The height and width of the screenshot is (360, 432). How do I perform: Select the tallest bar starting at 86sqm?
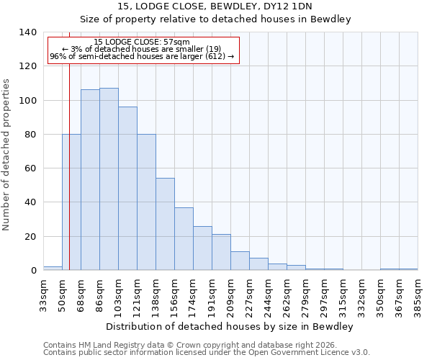[109, 179]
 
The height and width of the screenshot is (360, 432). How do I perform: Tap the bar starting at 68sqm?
[90, 180]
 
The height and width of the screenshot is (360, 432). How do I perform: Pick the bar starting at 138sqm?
[165, 224]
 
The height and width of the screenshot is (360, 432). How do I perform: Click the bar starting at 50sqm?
[71, 202]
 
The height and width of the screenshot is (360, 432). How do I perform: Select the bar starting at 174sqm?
[202, 248]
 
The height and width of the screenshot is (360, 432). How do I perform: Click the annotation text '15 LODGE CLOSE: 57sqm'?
[142, 42]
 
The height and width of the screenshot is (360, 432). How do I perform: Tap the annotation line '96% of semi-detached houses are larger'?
[142, 56]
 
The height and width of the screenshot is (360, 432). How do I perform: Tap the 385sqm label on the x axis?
[418, 294]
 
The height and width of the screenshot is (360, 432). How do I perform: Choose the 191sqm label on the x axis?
[212, 294]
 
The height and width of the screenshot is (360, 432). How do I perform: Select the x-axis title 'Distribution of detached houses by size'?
[229, 326]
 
